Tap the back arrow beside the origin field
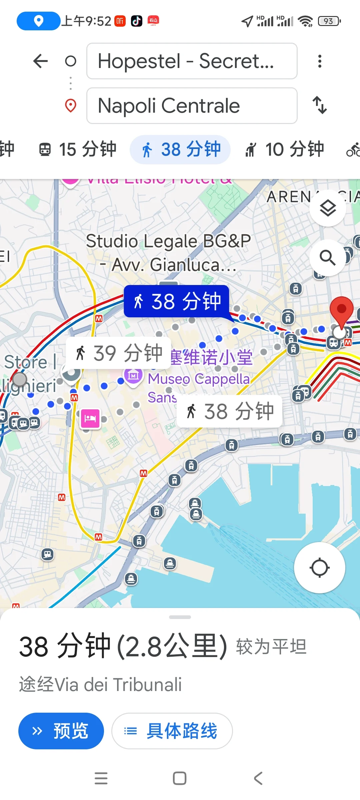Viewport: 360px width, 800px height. pyautogui.click(x=41, y=61)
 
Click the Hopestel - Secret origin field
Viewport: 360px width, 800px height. pyautogui.click(x=192, y=61)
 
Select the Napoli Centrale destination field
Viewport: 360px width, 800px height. pyautogui.click(x=192, y=106)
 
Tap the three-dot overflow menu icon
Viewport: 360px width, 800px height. pyautogui.click(x=320, y=61)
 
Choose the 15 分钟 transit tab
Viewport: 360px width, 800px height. pyautogui.click(x=78, y=149)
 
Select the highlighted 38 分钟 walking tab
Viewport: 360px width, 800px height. pyautogui.click(x=180, y=149)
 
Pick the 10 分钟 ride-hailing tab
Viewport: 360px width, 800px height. pyautogui.click(x=284, y=149)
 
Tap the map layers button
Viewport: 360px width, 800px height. pyautogui.click(x=328, y=208)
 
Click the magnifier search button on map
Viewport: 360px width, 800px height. pyautogui.click(x=328, y=258)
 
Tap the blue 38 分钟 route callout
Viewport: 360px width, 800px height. pyautogui.click(x=176, y=301)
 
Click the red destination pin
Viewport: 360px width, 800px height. pyautogui.click(x=341, y=310)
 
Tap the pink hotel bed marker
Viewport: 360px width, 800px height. pyautogui.click(x=90, y=418)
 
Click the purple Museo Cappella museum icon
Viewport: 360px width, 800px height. pyautogui.click(x=133, y=376)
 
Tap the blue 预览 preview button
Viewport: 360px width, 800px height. pyautogui.click(x=61, y=731)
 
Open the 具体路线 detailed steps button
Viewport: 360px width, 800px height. pyautogui.click(x=172, y=731)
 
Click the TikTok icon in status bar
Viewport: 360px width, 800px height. pyautogui.click(x=136, y=21)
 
